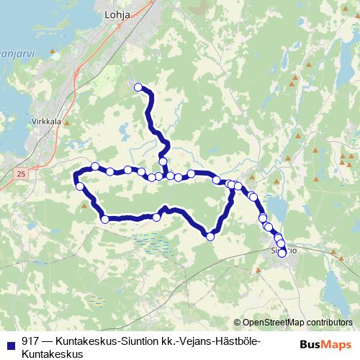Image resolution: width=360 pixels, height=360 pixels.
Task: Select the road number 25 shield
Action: pos(21,174)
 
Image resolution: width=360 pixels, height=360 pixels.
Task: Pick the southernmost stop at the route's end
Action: pos(282,253)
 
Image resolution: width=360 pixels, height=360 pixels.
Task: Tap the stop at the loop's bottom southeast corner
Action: pos(211,235)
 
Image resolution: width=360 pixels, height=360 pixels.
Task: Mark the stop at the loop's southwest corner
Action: pos(105,219)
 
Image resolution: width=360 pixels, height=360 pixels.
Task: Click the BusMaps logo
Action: pos(325,344)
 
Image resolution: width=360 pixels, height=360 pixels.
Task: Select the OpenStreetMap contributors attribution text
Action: pos(297,323)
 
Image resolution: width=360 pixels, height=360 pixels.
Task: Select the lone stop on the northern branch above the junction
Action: pos(163,161)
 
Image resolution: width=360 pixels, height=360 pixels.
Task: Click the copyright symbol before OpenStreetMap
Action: pos(238,323)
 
